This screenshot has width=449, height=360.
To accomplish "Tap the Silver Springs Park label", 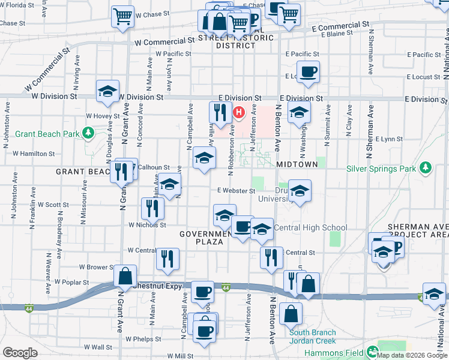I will pos(381,169).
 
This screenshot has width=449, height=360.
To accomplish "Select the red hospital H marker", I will pos(239,112).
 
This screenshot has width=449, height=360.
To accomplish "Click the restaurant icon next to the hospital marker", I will pos(220,112).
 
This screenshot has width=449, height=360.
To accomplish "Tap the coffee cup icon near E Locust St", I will pos(309,72).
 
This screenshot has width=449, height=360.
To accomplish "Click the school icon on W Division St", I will pos(107,92).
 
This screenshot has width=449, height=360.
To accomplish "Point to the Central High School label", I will pos(310,228).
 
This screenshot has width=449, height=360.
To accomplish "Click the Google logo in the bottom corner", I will pos(20,353).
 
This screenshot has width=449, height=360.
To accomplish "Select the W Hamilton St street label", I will pos(34,154).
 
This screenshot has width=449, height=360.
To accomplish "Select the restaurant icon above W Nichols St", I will pos(152,208).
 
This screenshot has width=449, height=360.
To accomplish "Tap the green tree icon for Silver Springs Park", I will pos(426,167).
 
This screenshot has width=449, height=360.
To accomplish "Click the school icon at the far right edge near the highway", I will pos(434,293).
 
